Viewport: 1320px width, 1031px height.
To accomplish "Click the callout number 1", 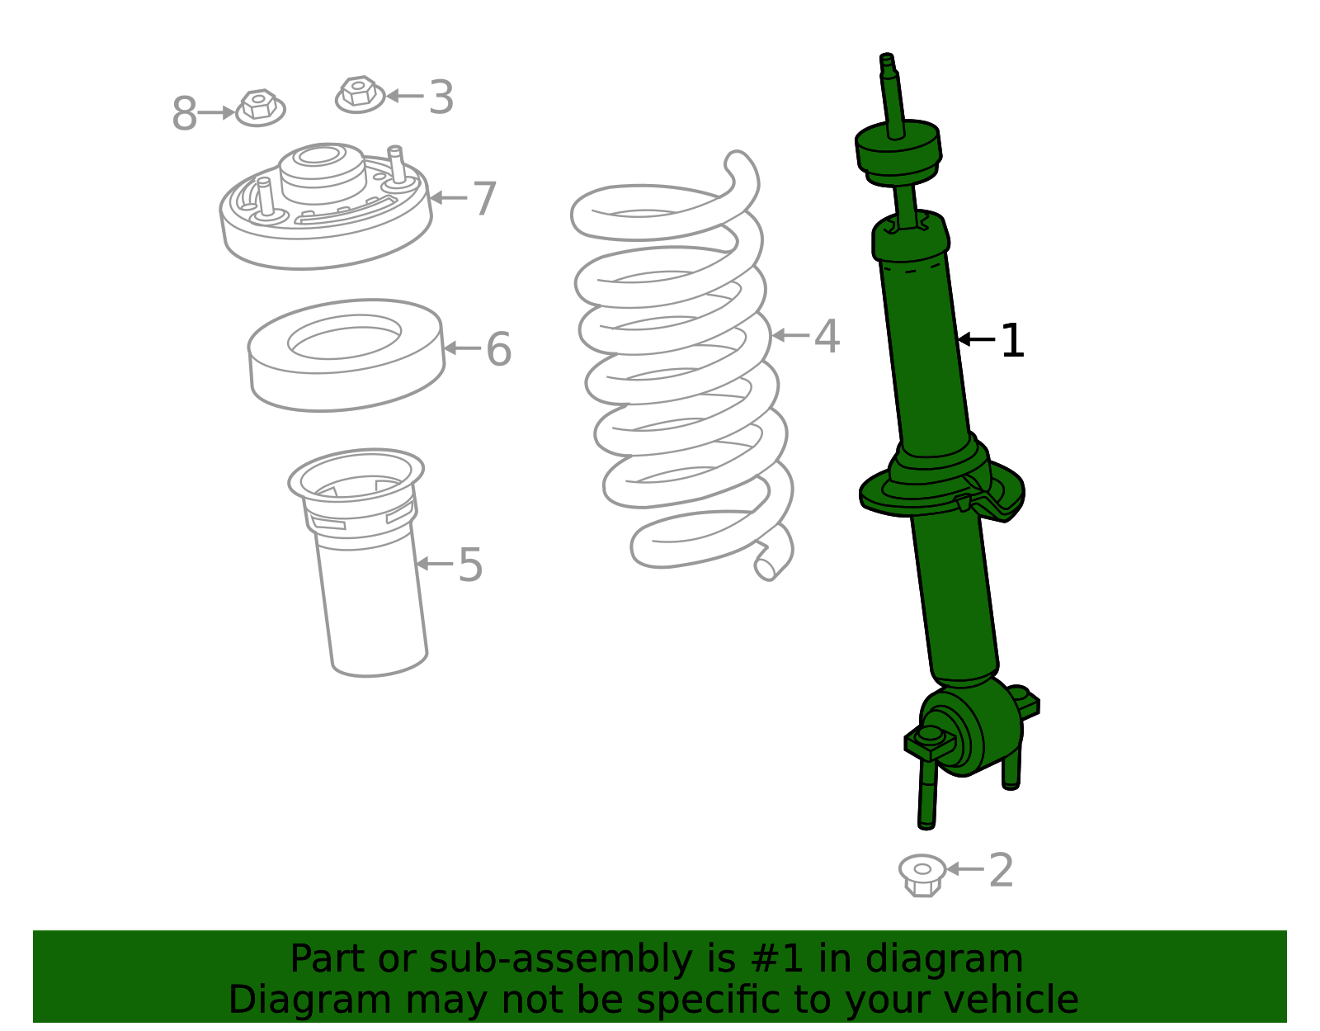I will (1012, 341).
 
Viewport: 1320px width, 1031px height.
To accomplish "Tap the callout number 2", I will (1001, 871).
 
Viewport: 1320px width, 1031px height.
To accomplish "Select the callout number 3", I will (441, 97).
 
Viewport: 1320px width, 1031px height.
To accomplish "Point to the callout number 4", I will (827, 337).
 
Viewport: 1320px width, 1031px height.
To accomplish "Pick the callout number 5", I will (470, 565).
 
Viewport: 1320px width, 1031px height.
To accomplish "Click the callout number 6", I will (498, 349).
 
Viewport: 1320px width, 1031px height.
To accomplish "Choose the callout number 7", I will (484, 199).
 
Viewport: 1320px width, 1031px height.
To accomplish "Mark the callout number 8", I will (184, 114).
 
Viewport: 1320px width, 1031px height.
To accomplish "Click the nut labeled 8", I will (260, 108).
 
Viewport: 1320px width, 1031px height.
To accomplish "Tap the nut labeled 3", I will (360, 93).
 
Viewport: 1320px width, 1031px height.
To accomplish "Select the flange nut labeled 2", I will (922, 875).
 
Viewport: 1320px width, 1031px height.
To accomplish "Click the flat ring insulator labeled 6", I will (346, 355).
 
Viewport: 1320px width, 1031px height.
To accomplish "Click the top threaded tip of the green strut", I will (887, 59).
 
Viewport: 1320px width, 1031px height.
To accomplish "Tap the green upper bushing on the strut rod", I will (898, 151).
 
